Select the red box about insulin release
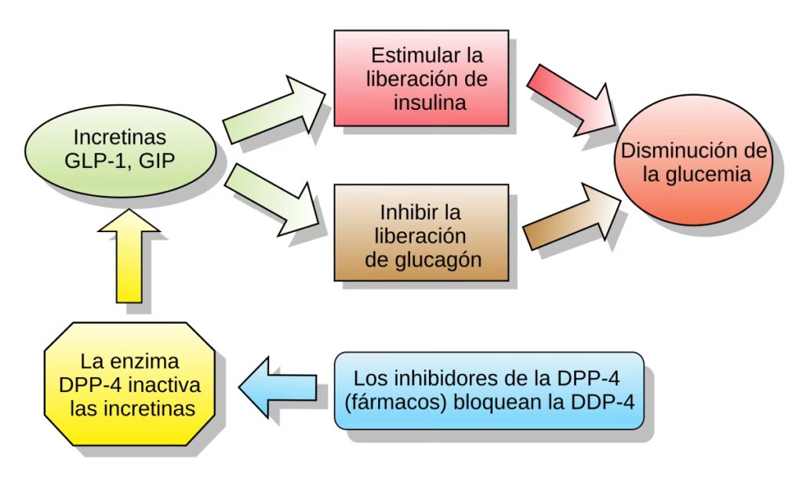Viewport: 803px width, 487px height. coord(421,78)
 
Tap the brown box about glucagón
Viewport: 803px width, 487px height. coord(421,232)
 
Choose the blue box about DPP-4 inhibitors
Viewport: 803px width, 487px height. coord(489,390)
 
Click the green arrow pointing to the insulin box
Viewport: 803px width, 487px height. coord(275,109)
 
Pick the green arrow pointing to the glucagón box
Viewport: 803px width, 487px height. coord(275,201)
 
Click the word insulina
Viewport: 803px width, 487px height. coord(430,102)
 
